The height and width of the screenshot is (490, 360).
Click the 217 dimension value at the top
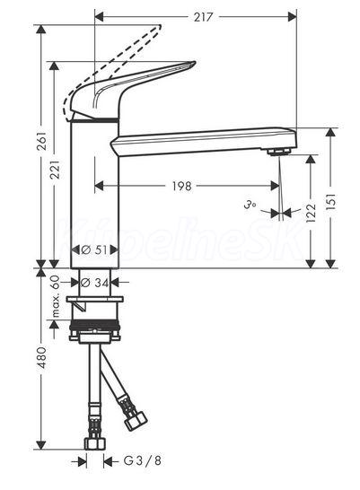203,17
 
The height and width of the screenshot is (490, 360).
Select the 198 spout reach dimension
182,187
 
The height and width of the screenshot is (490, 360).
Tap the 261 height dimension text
42,141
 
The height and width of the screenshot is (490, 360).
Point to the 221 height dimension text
56,170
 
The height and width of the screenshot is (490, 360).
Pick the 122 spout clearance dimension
311,213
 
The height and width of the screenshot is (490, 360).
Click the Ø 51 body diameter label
94,249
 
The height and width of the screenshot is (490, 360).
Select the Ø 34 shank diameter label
94,283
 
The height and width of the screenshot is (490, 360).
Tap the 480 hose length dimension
41,357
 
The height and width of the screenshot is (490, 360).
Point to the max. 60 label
56,296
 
